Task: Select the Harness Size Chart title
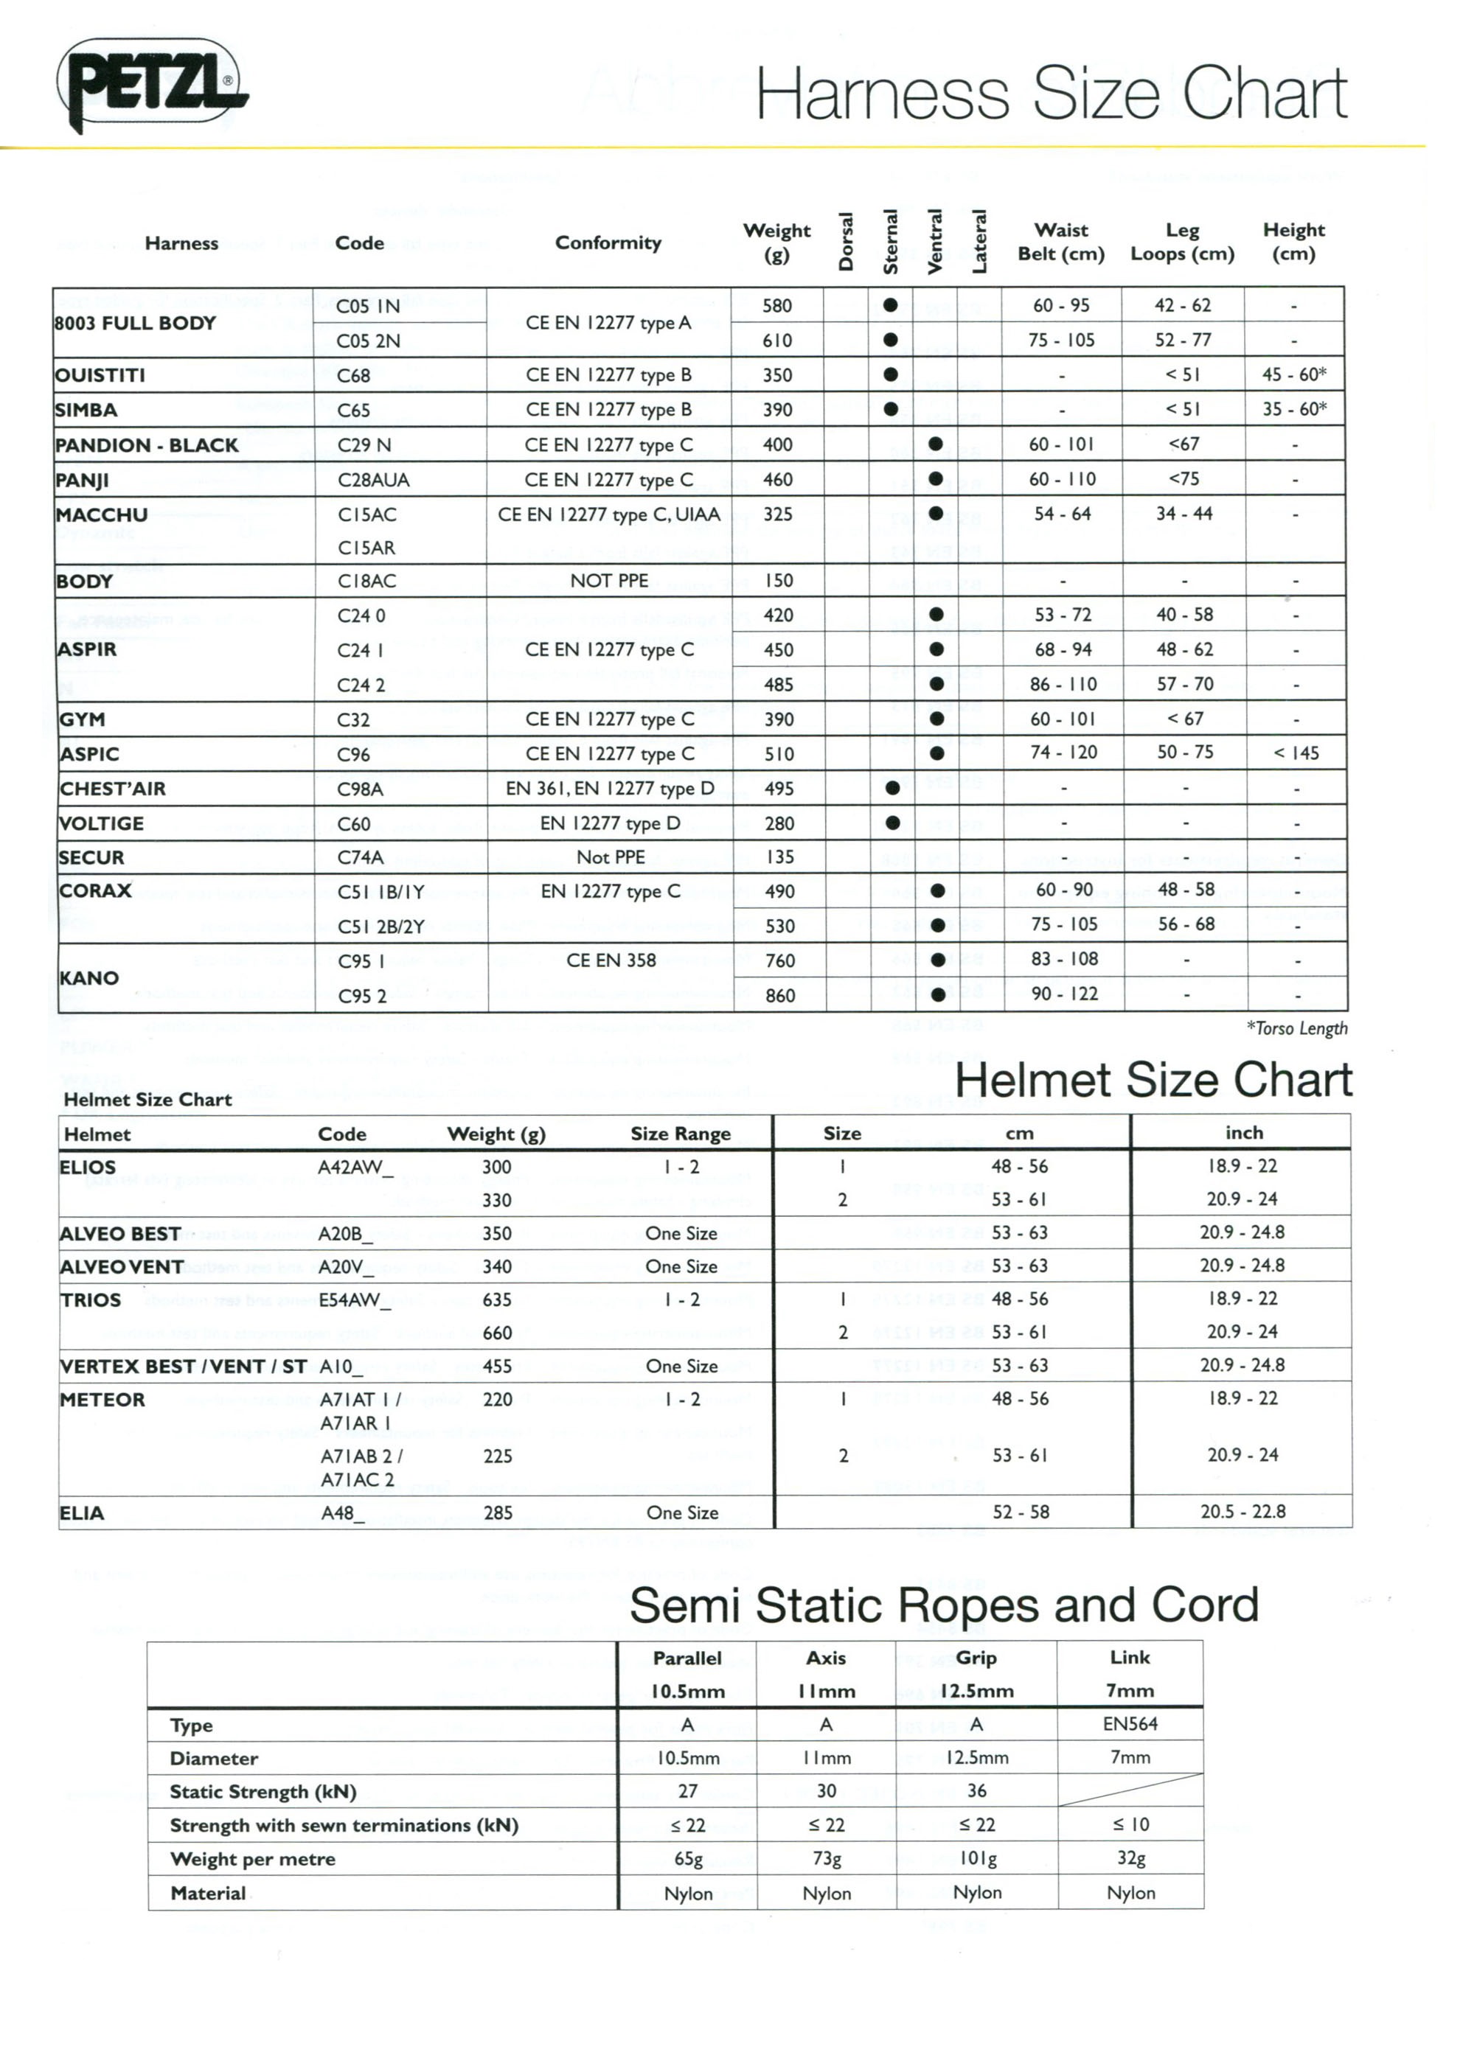coord(1050,94)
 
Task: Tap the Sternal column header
coord(891,242)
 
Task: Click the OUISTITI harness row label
coord(100,375)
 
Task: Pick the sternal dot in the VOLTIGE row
coord(892,823)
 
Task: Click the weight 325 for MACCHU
coord(778,514)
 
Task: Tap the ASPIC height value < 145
coord(1296,753)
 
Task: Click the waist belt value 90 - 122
coord(1065,994)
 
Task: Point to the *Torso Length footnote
coord(1296,1028)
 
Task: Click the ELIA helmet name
coord(82,1513)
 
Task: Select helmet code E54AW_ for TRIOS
coord(355,1300)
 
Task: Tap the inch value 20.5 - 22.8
coord(1243,1512)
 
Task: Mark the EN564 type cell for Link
coord(1130,1724)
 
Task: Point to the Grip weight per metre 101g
coord(976,1858)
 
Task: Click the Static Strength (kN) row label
coord(263,1791)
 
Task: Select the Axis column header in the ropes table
coord(826,1658)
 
